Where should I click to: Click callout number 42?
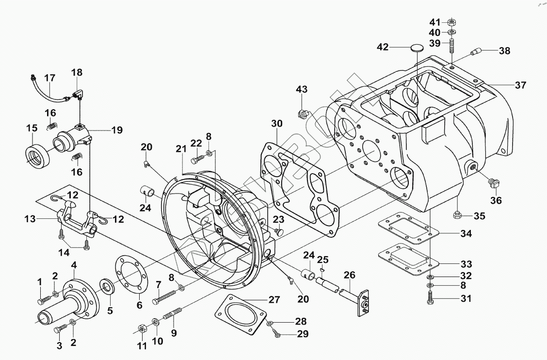tap(383, 47)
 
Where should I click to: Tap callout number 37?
tap(520, 85)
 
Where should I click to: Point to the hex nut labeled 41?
tap(450, 22)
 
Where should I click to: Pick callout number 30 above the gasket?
tap(276, 124)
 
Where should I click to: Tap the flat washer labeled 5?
tap(107, 286)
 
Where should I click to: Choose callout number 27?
tap(274, 300)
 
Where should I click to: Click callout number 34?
tap(466, 234)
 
